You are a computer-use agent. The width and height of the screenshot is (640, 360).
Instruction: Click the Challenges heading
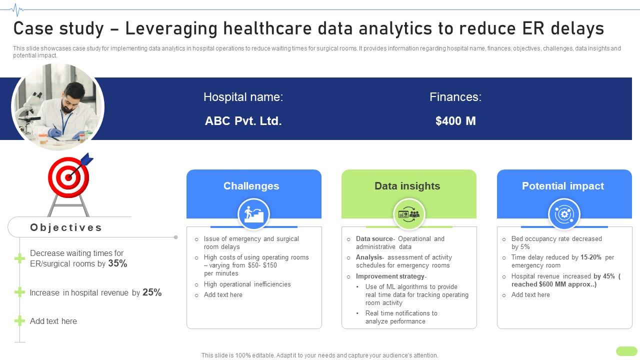tap(251, 186)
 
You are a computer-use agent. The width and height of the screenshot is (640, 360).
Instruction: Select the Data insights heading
tap(407, 186)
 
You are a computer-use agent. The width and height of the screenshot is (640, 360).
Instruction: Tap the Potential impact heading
tap(562, 186)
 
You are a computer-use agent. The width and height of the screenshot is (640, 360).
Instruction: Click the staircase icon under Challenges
tap(253, 214)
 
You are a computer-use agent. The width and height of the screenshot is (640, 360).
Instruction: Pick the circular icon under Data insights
tap(408, 214)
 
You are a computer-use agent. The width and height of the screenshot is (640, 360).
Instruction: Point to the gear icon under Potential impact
tap(564, 214)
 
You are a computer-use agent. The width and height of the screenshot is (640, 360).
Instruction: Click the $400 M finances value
tap(455, 121)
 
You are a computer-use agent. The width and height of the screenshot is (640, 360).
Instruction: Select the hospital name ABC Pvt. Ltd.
tap(243, 121)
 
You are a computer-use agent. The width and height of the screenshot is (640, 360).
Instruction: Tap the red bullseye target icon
tap(69, 177)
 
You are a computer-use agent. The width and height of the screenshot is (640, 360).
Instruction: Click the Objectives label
tap(66, 227)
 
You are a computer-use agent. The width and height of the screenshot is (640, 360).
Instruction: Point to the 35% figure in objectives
tap(117, 263)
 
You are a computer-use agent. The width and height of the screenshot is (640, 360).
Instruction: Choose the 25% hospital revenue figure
tap(152, 292)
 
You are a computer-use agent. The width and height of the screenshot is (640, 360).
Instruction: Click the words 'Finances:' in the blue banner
tap(455, 97)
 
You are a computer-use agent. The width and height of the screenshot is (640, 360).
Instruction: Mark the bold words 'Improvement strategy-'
tap(391, 276)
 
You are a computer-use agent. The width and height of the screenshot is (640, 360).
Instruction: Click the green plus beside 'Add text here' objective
tap(19, 321)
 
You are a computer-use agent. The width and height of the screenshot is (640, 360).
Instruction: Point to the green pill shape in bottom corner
tap(626, 351)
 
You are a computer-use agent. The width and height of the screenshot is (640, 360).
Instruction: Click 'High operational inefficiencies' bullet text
tap(247, 284)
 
